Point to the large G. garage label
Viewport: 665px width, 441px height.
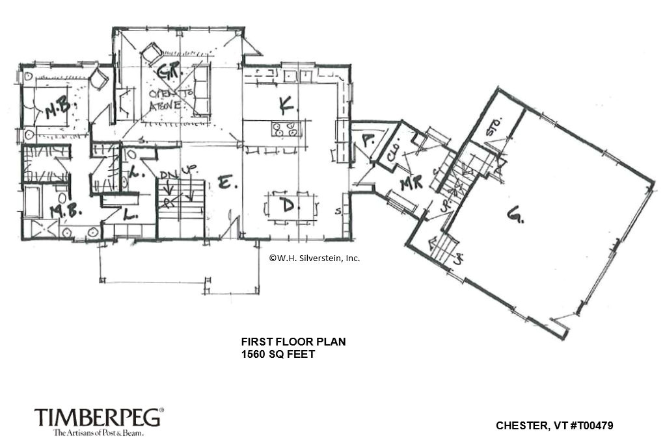coord(515,214)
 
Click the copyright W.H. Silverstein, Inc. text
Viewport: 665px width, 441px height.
coord(314,258)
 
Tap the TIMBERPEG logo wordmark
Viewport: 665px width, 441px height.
coord(98,418)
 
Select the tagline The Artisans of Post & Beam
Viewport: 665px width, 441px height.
coord(98,432)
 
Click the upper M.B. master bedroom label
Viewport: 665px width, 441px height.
coord(61,110)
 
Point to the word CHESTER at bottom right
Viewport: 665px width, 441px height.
coord(519,426)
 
